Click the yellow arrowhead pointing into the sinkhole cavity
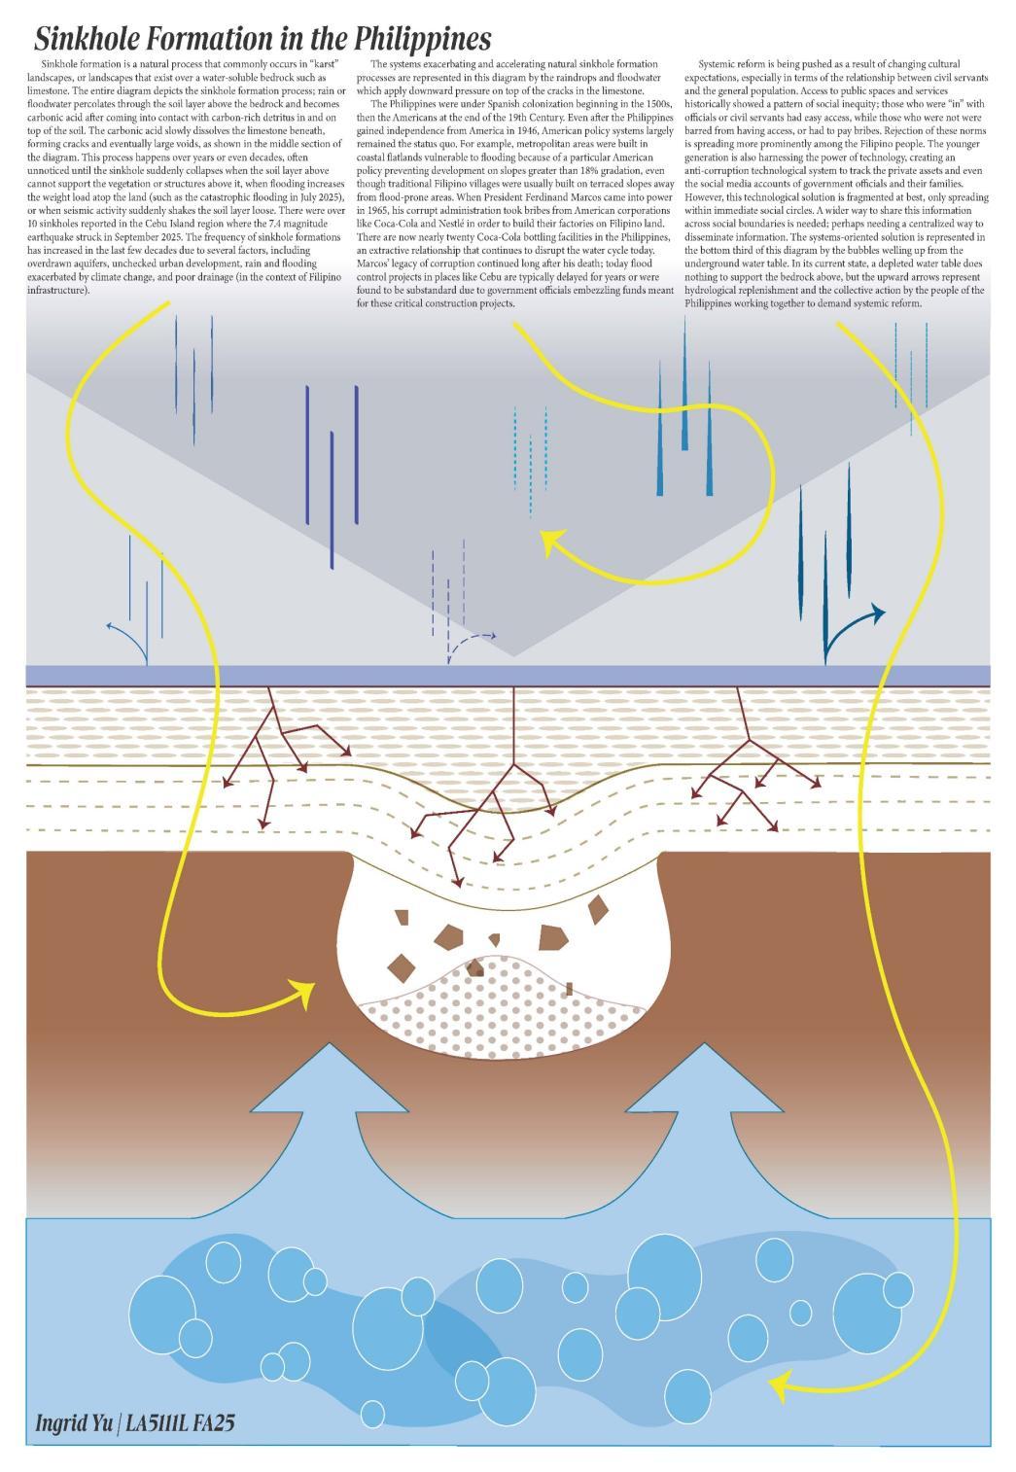click(x=303, y=994)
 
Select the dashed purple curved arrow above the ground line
click(x=471, y=642)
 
